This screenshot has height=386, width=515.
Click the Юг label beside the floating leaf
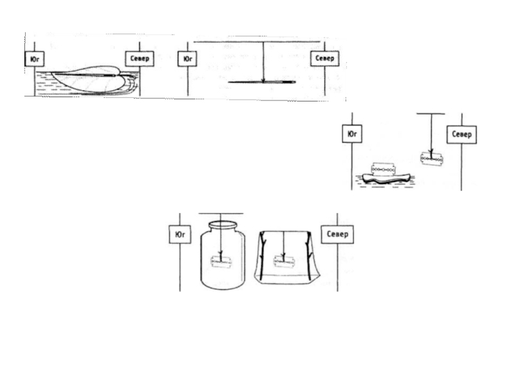point(33,58)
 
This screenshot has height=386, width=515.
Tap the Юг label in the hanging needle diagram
point(187,58)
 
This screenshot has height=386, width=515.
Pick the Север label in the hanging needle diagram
point(324,58)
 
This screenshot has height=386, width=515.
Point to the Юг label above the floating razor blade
point(351,134)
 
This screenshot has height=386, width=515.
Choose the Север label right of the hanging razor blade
point(462,134)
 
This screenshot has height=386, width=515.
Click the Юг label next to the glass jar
point(180,234)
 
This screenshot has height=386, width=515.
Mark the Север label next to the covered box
point(337,234)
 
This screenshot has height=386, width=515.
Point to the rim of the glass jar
point(220,225)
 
